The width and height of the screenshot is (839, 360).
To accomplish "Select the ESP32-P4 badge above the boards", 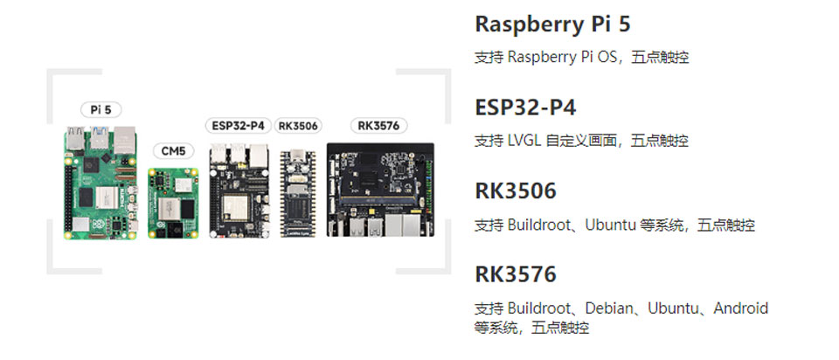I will (x=238, y=126).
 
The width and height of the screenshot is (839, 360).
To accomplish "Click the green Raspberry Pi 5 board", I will (x=101, y=183).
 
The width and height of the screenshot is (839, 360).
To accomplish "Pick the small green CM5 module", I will (x=174, y=202).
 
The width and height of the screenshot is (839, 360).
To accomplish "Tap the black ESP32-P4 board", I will (x=238, y=191).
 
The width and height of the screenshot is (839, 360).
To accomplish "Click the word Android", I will (x=741, y=308).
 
